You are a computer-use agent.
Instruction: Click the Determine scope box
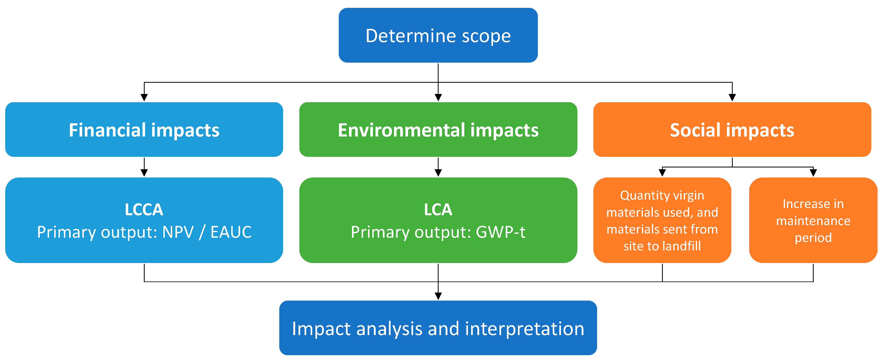(438, 35)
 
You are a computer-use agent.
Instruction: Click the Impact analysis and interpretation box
(438, 328)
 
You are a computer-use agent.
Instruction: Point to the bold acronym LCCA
(144, 209)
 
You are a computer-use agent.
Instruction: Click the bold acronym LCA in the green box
(438, 209)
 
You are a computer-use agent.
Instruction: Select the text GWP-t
(501, 232)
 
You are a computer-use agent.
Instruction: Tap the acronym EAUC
(231, 232)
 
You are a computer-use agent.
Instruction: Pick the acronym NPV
(178, 232)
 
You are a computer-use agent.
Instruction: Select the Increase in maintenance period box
(813, 220)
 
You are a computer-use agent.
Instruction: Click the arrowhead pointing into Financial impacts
(144, 98)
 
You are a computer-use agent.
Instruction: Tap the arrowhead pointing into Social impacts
(732, 98)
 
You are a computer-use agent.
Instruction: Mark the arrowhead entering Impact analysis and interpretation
(438, 296)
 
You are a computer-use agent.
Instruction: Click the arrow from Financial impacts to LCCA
(144, 167)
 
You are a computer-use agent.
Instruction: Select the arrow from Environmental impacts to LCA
(438, 167)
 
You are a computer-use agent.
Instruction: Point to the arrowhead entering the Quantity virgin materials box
(662, 173)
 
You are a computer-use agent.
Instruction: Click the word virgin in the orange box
(688, 195)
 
